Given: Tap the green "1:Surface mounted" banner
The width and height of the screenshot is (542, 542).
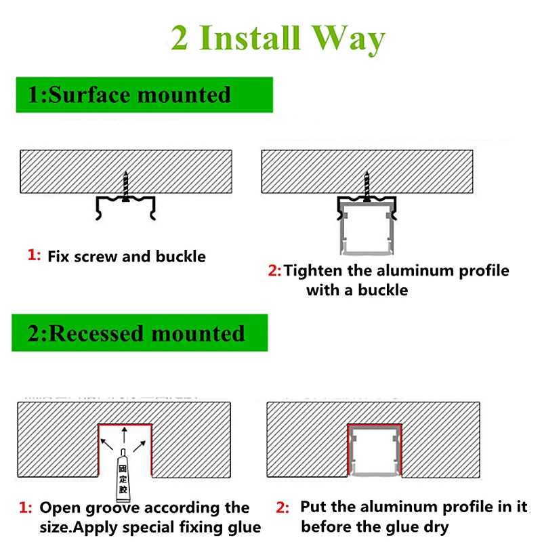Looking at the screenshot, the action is point(144,95).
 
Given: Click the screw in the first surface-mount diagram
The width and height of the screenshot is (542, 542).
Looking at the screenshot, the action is point(125,186).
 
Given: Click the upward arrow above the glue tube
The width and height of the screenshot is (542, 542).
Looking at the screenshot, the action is point(124,434).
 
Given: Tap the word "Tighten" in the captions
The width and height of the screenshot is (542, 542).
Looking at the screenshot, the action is point(315,271).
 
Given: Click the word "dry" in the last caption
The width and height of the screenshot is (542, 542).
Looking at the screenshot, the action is point(434,526).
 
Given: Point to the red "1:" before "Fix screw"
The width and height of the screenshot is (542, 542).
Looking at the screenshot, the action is point(34,255).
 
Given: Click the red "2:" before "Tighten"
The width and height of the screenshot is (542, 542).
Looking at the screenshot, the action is point(274,271).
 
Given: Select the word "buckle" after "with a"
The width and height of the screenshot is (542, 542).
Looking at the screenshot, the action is point(383,290).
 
